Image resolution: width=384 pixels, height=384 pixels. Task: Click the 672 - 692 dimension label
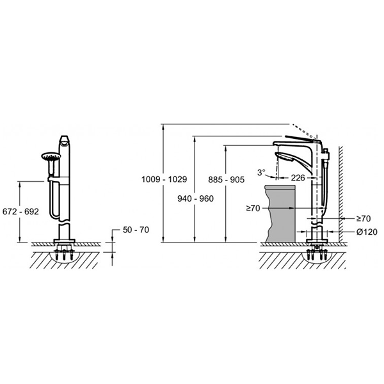tap(20, 212)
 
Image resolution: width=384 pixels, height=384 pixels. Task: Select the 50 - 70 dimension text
tap(136, 230)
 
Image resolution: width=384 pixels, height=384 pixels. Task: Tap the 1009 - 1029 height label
tap(164, 179)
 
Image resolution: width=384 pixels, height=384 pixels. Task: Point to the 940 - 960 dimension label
tap(195, 198)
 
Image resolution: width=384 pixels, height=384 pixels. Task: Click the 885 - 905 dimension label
tap(227, 180)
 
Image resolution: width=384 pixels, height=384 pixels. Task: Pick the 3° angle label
tap(261, 172)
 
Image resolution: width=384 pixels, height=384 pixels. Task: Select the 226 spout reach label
tap(298, 178)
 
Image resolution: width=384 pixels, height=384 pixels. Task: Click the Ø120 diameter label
tap(367, 232)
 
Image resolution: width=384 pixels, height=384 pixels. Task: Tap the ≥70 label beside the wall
tap(364, 218)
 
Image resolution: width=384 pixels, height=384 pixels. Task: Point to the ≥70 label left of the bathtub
tap(253, 208)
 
